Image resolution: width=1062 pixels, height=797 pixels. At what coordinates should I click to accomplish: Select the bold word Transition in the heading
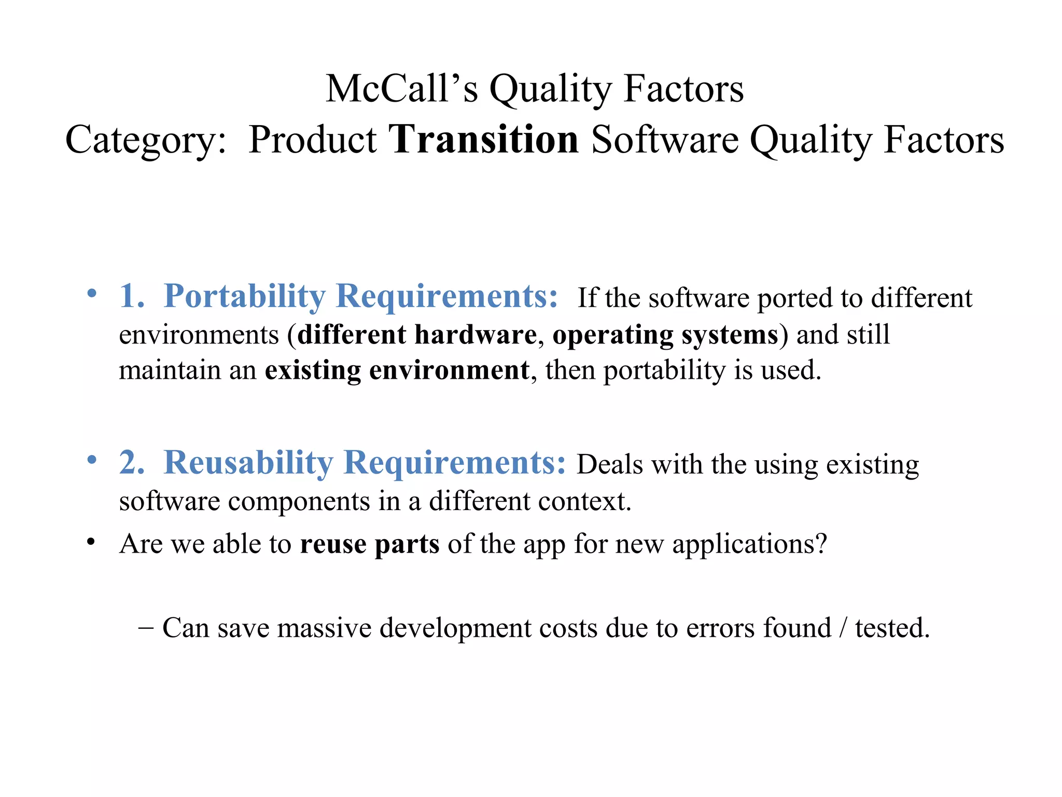(483, 140)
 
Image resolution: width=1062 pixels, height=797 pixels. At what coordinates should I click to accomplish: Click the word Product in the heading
(312, 140)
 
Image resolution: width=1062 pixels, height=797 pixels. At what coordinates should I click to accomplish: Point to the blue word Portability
(244, 297)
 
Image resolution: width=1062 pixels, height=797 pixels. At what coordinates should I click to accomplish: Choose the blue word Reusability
(248, 463)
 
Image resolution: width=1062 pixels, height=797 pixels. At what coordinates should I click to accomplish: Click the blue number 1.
(131, 297)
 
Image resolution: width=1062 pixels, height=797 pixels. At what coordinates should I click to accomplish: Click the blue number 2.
(131, 463)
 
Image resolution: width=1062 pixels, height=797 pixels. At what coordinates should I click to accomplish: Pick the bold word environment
(449, 371)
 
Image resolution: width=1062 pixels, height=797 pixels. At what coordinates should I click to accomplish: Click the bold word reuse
(333, 544)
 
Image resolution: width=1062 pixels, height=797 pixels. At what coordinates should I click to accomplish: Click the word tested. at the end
(892, 628)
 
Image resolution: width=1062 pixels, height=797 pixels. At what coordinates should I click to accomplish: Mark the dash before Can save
(146, 627)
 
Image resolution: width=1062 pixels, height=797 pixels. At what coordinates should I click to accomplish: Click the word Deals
(610, 464)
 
